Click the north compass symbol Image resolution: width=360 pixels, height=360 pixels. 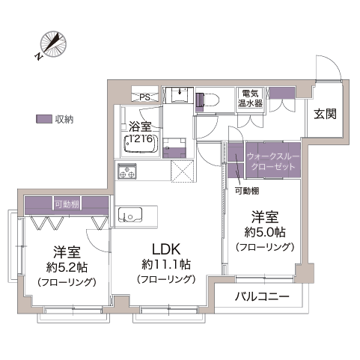coord(52,45)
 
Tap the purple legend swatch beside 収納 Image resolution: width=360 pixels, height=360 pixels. coord(44,119)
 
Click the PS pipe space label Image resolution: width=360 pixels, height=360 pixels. coord(144,97)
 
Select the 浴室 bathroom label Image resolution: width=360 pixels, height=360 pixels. coord(140,126)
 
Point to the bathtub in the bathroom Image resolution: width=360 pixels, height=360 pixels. coord(141,144)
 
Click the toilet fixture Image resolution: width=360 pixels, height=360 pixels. coord(207,100)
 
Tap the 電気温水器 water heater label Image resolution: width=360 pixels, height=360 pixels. coord(250,99)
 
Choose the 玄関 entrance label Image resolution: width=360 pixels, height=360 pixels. coord(325,114)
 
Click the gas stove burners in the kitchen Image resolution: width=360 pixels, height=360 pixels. coord(127,171)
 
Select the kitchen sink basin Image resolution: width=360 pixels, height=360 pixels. coord(130,214)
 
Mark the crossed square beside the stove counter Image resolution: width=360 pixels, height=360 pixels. coord(183,171)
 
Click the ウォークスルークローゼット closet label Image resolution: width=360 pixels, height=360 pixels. coord(273,162)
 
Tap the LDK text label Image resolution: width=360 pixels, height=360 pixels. coord(166,249)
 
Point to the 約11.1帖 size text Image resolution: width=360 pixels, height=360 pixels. coord(166,264)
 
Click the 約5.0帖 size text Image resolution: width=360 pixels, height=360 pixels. coord(265,233)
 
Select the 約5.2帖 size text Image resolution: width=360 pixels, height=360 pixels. coord(67,267)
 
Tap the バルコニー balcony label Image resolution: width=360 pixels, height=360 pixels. coord(262,296)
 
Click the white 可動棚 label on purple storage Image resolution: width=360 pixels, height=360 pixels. coord(67,204)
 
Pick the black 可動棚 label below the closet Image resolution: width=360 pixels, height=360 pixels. coord(247,191)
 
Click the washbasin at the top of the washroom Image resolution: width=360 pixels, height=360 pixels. coord(180,94)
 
